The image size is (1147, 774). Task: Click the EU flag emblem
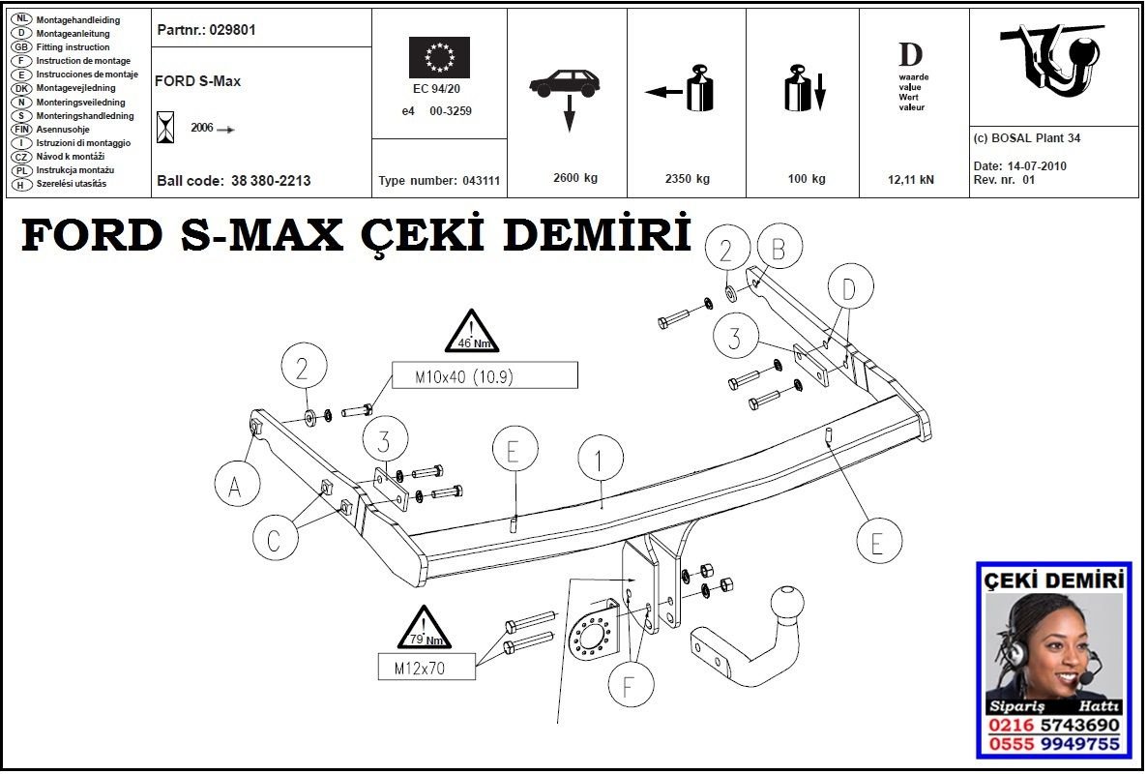pyautogui.click(x=439, y=58)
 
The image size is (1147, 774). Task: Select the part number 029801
pyautogui.click(x=232, y=30)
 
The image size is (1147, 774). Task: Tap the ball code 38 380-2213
pyautogui.click(x=271, y=181)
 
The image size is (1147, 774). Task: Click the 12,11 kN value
pyautogui.click(x=912, y=179)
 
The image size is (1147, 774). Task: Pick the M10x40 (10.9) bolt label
pyautogui.click(x=484, y=375)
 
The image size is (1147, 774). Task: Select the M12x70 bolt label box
pyautogui.click(x=426, y=667)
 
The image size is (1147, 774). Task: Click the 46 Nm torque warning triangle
pyautogui.click(x=471, y=333)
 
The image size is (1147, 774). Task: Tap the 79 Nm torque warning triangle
pyautogui.click(x=424, y=628)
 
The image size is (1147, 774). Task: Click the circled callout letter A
pyautogui.click(x=235, y=486)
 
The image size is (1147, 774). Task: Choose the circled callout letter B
pyautogui.click(x=779, y=250)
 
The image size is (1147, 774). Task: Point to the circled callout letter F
pyautogui.click(x=629, y=687)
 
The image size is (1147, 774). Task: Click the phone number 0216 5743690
pyautogui.click(x=1053, y=726)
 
